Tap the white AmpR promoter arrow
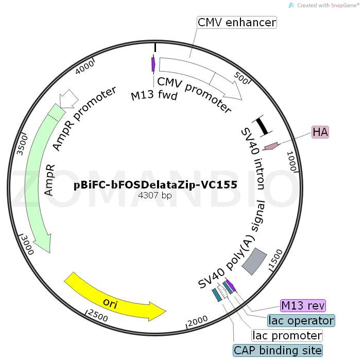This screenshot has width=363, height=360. [69, 98]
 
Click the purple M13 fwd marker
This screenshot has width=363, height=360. [153, 64]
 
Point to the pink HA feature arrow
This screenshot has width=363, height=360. [271, 146]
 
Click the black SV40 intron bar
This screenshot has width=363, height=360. [262, 125]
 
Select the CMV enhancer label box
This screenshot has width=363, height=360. [237, 23]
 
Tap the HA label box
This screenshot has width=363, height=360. [320, 132]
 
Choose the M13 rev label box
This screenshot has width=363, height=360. [303, 305]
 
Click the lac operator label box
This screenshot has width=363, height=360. [301, 320]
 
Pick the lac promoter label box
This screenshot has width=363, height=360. [287, 336]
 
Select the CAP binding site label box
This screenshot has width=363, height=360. [278, 351]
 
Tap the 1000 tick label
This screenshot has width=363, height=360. [291, 160]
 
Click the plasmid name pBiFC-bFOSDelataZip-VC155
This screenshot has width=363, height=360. [155, 185]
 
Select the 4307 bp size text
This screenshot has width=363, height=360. [155, 196]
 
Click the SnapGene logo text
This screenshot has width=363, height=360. [328, 5]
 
